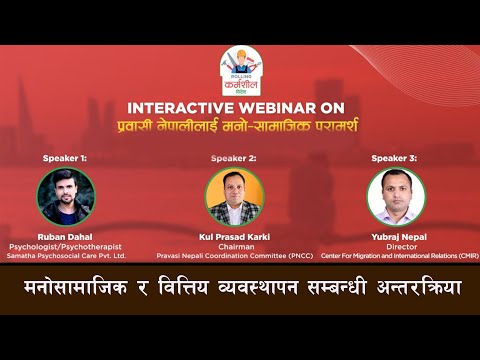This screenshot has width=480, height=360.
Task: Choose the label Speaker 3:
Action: pyautogui.click(x=393, y=158)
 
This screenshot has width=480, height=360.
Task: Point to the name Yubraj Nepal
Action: pyautogui.click(x=394, y=235)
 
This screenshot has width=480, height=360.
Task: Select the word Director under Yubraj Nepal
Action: pyautogui.click(x=394, y=246)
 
